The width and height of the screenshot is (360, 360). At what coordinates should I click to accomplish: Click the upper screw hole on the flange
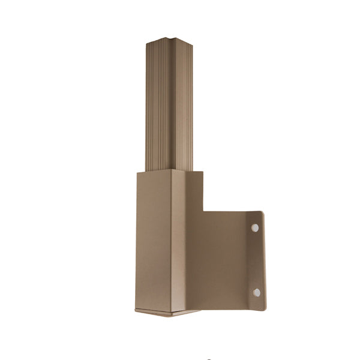pyautogui.click(x=255, y=228)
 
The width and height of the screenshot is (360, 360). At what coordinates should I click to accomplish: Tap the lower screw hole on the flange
pyautogui.click(x=256, y=292)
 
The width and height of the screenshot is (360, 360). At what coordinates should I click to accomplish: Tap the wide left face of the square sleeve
pyautogui.click(x=154, y=240)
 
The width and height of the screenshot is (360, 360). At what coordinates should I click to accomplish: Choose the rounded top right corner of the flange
pyautogui.click(x=262, y=212)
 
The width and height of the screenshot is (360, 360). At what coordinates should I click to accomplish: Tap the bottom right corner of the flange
pyautogui.click(x=263, y=308)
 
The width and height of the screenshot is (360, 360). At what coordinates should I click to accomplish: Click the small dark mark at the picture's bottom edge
pyautogui.click(x=208, y=358)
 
